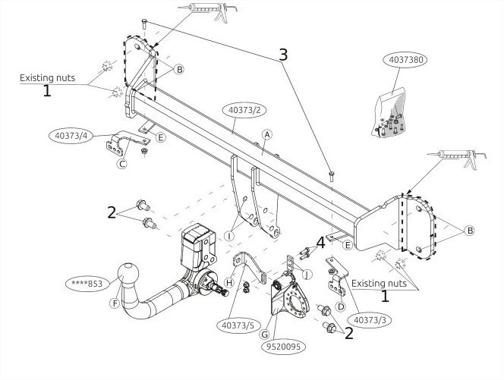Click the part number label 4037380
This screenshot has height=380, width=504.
pyautogui.click(x=405, y=60)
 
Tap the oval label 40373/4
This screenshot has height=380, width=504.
pyautogui.click(x=71, y=136)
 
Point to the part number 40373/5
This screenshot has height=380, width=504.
pyautogui.click(x=238, y=325)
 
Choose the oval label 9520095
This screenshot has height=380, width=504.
pyautogui.click(x=283, y=347)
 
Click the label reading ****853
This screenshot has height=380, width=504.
pyautogui.click(x=87, y=284)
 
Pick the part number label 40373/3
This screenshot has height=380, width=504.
pyautogui.click(x=370, y=320)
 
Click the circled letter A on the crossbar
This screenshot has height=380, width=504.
pyautogui.click(x=266, y=135)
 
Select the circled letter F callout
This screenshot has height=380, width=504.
pyautogui.click(x=115, y=303)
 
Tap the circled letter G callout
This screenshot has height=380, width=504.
pyautogui.click(x=264, y=334)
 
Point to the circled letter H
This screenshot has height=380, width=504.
pyautogui.click(x=229, y=283)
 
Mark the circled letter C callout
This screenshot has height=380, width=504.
pyautogui.click(x=122, y=164)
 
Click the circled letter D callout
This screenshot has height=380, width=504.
pyautogui.click(x=341, y=306)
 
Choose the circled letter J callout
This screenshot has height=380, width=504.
pyautogui.click(x=307, y=274)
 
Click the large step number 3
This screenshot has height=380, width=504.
pyautogui.click(x=283, y=55)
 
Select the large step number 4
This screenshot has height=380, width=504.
pyautogui.click(x=320, y=243)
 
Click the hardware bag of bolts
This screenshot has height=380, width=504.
pyautogui.click(x=390, y=113)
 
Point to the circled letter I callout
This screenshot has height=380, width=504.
pyautogui.click(x=229, y=236)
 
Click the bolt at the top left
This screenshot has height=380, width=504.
pyautogui.click(x=144, y=24)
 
